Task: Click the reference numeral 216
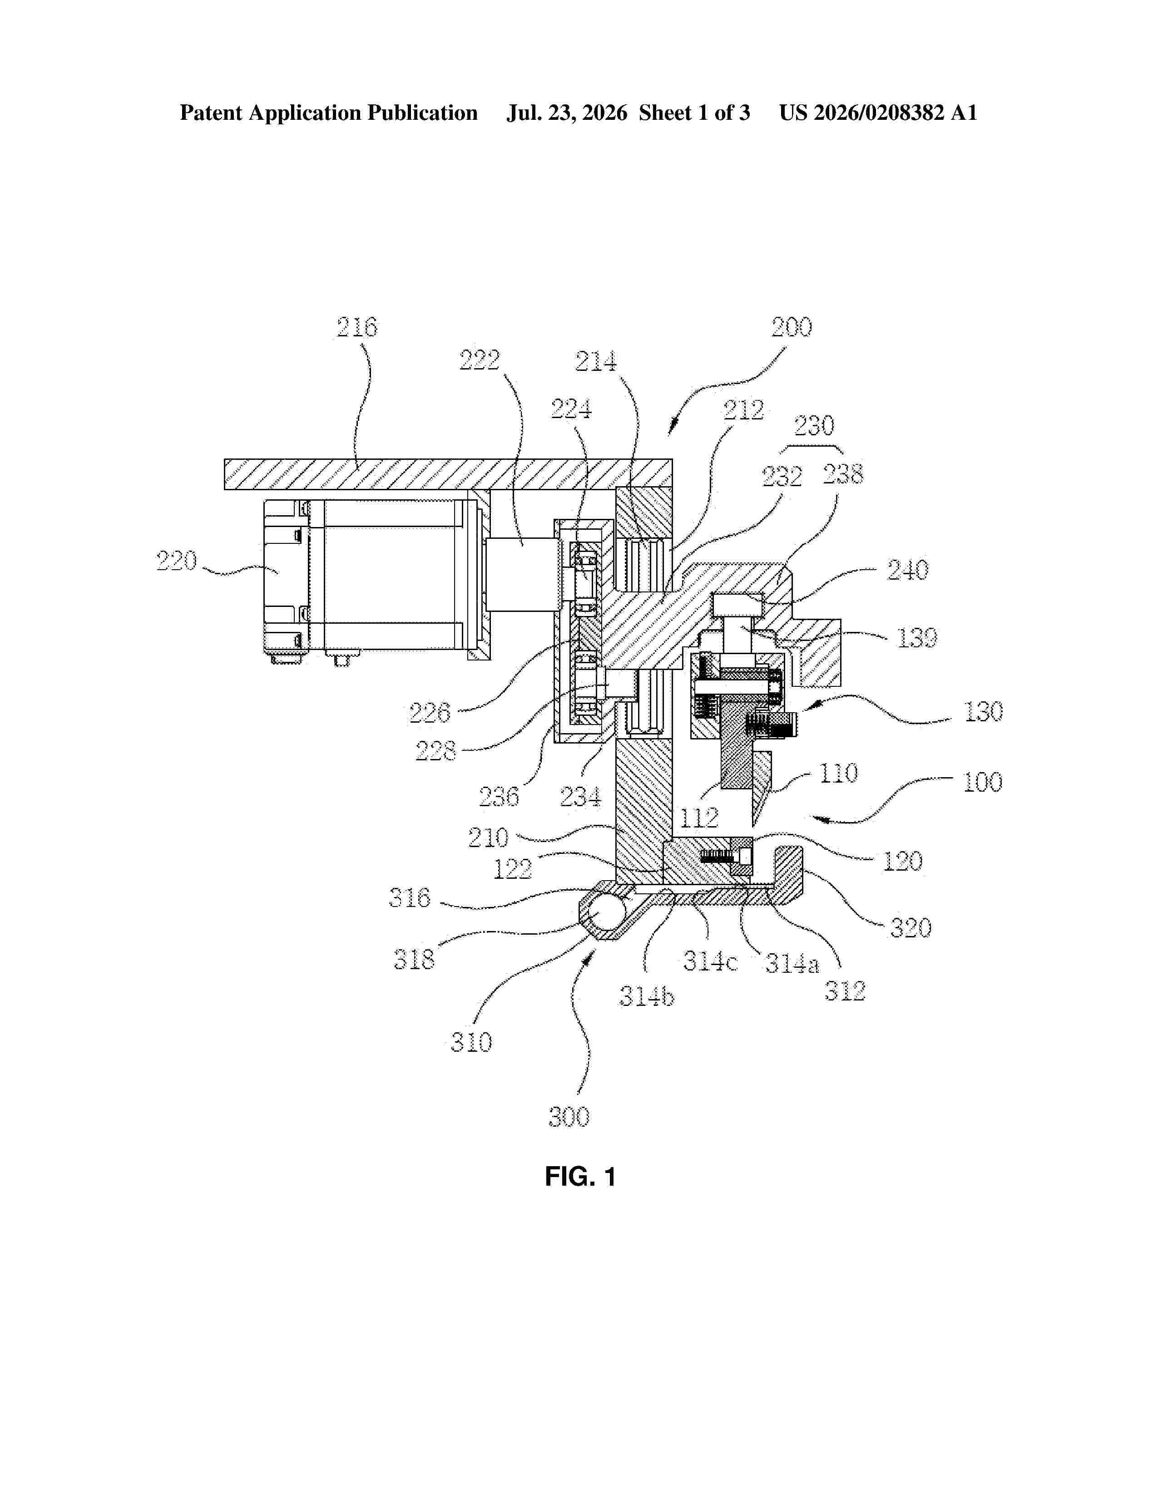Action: click(x=357, y=327)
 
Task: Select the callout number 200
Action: click(x=792, y=327)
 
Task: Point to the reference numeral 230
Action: click(x=814, y=426)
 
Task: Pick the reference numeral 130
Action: click(x=984, y=712)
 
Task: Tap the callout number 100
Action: click(x=982, y=782)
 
